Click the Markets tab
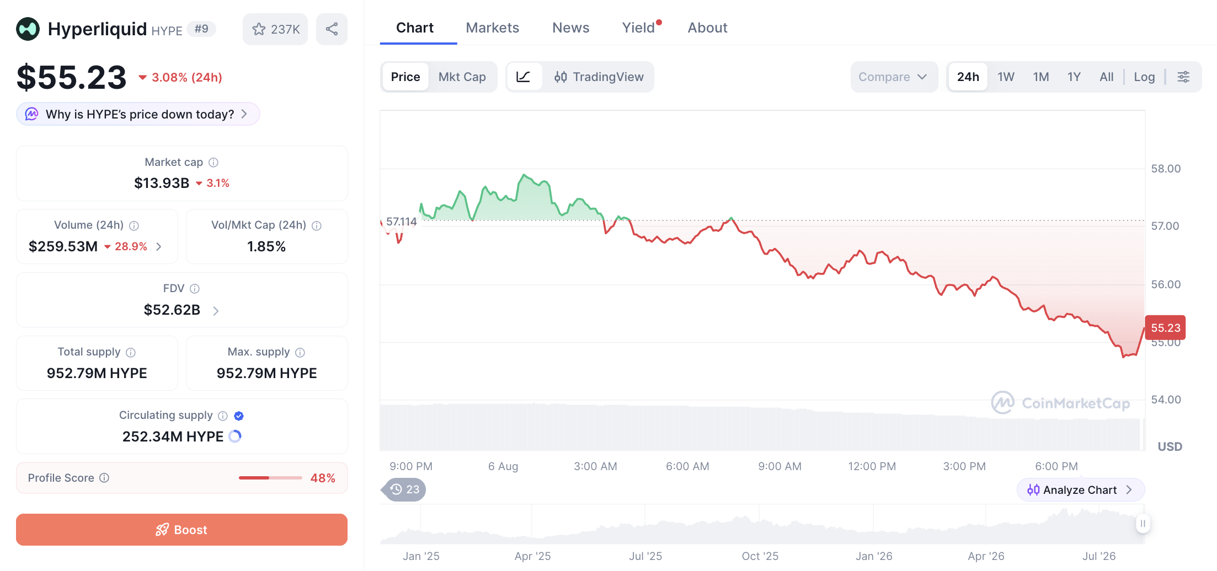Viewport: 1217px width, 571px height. coord(492,28)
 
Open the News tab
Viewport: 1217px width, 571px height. coord(570,28)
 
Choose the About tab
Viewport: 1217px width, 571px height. coord(707,28)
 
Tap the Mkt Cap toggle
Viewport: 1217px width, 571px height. coord(462,77)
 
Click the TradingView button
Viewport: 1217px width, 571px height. coord(599,77)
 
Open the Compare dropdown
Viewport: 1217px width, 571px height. coord(893,77)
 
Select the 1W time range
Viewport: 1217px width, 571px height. coord(1006,77)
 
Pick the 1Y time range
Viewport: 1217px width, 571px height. coord(1074,77)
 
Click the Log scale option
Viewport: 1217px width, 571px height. coord(1144,77)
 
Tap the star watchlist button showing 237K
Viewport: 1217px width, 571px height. coord(275,29)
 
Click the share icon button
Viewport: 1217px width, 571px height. coord(332,29)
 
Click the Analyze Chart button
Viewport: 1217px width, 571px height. coord(1080,490)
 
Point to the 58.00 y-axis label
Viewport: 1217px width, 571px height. coord(1166,169)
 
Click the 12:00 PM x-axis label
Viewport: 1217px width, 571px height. coord(872,466)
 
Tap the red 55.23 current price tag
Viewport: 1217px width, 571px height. coord(1165,328)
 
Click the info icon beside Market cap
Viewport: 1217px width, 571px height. coord(213,163)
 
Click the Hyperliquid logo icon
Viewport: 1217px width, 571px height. coord(28,29)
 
